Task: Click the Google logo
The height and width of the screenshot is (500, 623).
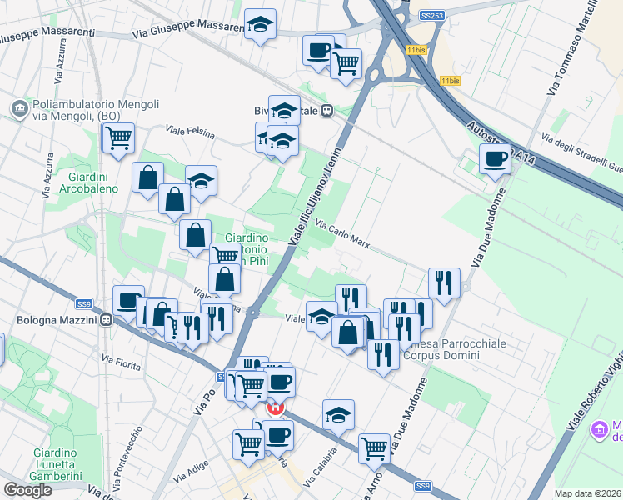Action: [27, 490]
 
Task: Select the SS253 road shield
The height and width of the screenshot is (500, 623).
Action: [431, 15]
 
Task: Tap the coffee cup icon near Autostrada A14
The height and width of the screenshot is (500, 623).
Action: [496, 159]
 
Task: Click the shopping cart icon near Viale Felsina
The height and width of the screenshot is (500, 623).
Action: [118, 138]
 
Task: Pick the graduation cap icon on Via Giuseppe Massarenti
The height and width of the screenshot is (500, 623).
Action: [261, 25]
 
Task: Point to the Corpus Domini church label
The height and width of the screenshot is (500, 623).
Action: [441, 348]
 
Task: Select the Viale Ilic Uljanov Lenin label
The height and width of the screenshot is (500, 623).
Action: [316, 203]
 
